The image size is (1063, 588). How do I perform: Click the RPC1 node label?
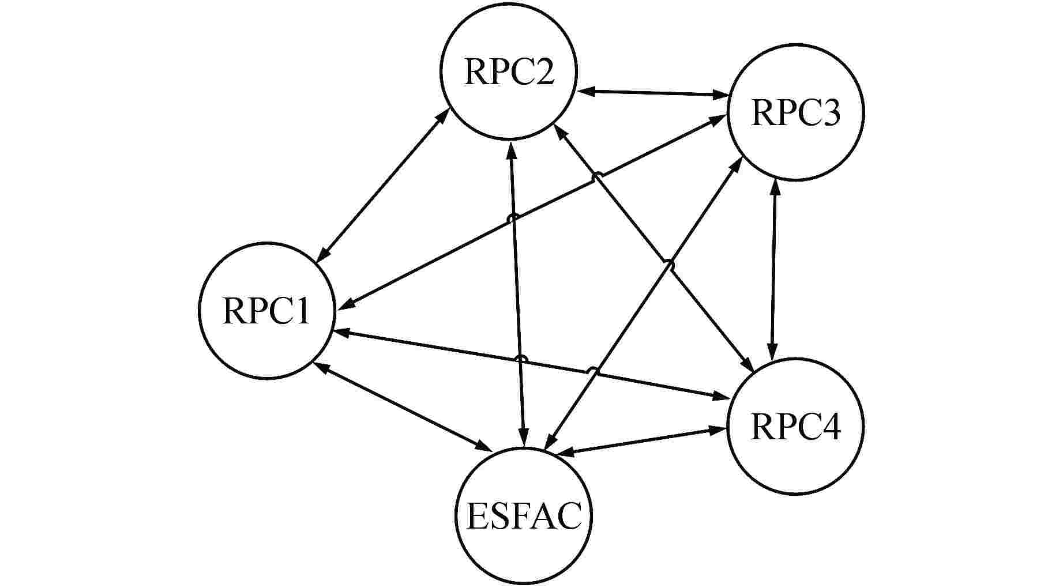pos(266,312)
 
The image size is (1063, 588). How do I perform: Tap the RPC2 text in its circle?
pos(509,72)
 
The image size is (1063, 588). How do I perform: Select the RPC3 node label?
pos(796,113)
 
